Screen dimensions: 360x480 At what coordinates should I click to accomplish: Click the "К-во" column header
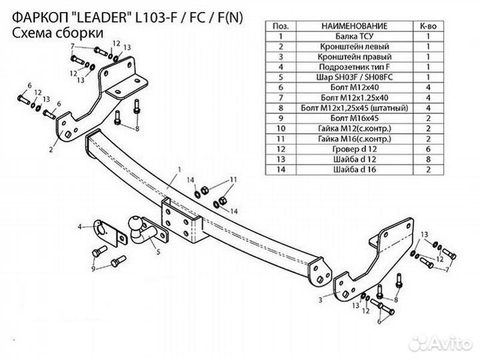(427, 25)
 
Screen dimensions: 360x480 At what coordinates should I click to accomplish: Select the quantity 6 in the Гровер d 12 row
(427, 148)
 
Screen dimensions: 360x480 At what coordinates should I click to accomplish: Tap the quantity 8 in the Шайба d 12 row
(427, 159)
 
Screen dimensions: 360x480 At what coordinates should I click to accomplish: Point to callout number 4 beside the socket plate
(81, 227)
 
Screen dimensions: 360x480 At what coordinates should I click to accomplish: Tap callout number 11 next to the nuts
(233, 180)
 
